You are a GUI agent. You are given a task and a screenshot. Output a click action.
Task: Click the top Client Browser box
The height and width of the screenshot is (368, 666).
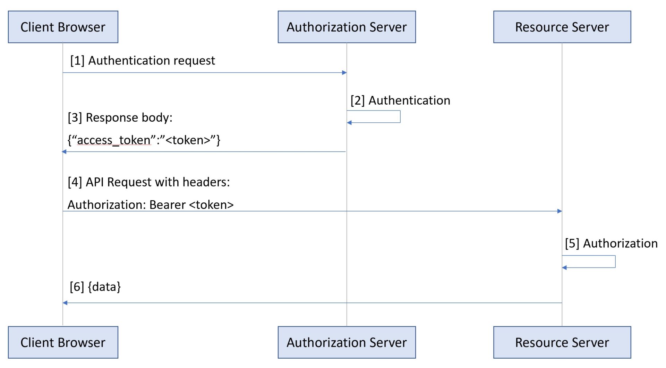[63, 27]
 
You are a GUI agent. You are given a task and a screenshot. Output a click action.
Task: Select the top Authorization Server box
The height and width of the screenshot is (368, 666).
[347, 27]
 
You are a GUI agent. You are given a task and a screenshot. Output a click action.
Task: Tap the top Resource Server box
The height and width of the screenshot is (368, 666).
[562, 27]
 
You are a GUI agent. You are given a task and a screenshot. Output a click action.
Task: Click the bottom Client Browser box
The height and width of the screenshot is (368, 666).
[63, 342]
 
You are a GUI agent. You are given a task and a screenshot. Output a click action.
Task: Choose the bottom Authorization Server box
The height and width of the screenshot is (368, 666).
[347, 342]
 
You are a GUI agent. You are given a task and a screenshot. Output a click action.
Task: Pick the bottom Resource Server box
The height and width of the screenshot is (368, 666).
[562, 342]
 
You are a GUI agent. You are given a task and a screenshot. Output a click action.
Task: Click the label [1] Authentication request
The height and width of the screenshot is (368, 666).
[143, 61]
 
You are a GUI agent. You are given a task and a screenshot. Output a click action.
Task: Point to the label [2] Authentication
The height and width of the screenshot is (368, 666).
[400, 100]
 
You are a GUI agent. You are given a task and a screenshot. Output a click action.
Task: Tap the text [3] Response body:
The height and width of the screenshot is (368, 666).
[120, 118]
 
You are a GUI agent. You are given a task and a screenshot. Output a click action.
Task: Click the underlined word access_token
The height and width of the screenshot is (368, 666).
[114, 140]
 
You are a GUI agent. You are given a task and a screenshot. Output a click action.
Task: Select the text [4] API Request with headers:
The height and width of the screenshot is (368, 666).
[149, 182]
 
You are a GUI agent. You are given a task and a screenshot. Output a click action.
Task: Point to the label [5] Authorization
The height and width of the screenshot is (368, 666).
[611, 244]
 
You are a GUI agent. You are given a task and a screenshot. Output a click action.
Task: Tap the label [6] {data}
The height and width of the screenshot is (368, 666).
[95, 287]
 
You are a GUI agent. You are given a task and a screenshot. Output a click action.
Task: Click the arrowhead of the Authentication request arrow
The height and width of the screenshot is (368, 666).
[344, 73]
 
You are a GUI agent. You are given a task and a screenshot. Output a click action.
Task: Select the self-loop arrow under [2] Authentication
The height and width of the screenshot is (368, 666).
[400, 117]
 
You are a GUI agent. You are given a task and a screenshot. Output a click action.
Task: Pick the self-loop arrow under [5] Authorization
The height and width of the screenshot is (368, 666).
[615, 262]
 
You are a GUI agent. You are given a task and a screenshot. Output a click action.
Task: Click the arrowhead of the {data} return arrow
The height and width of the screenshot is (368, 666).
[65, 303]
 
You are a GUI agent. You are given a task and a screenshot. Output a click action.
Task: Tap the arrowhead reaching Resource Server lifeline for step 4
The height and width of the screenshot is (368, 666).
[560, 211]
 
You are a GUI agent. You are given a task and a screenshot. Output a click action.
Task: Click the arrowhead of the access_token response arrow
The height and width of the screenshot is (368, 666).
[64, 152]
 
